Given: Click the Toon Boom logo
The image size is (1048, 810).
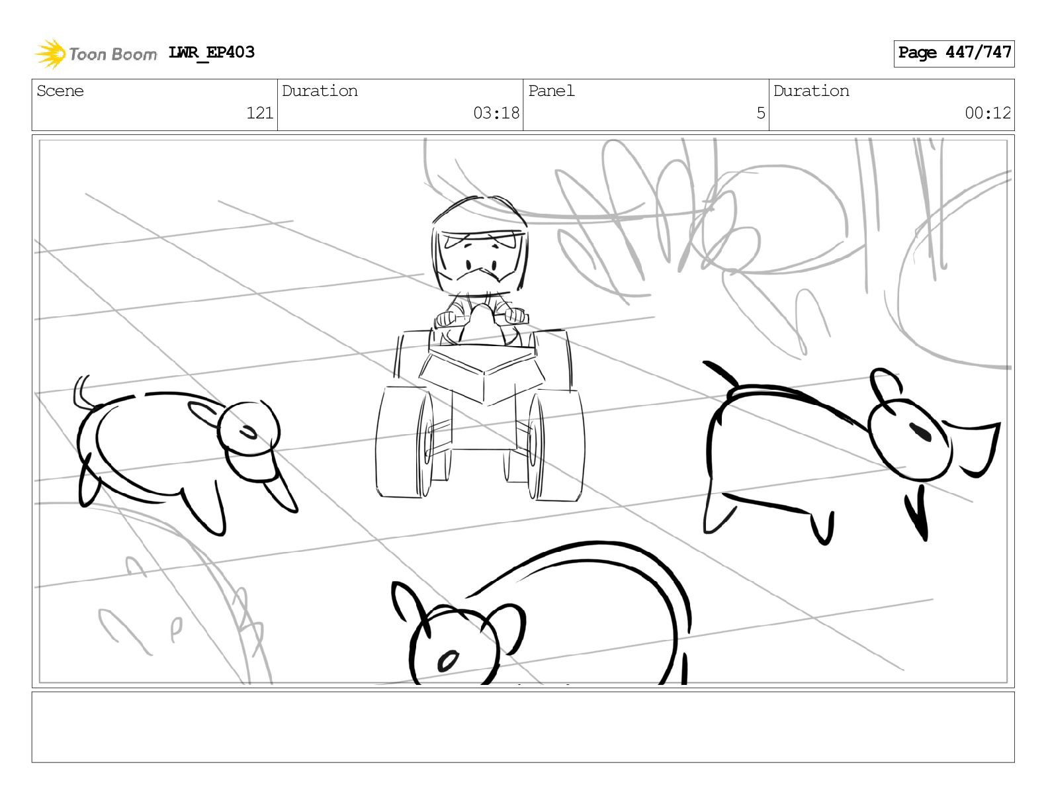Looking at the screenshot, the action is [96, 53].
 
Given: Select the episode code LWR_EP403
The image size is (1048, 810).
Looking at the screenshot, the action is [211, 52].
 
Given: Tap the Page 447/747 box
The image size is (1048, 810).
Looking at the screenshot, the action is [953, 54].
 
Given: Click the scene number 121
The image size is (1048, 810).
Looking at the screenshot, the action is [259, 113].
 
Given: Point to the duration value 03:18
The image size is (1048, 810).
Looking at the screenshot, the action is [496, 113].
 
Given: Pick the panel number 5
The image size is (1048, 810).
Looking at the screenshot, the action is [761, 113].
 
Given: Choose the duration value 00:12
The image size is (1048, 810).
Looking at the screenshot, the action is [987, 113].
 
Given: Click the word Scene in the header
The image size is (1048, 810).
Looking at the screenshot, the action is [60, 91].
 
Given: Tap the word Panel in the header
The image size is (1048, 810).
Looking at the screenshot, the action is [551, 91].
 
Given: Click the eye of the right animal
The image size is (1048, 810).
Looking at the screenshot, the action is [920, 432].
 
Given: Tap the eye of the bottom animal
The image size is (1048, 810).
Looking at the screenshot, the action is [448, 660].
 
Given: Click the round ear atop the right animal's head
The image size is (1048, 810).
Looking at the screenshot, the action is [885, 386].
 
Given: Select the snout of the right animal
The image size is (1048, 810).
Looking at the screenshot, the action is [974, 449].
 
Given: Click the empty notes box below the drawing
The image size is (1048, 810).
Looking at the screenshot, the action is [523, 727].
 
